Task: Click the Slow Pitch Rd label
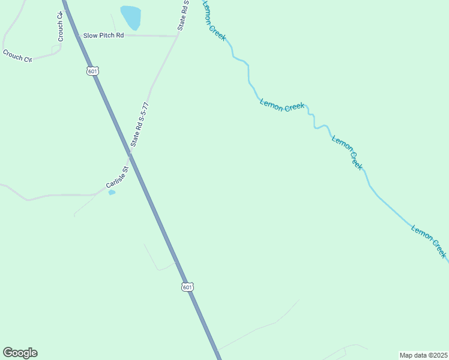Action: coord(103,36)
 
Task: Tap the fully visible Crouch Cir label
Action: coord(17,55)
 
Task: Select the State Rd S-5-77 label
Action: coord(139,125)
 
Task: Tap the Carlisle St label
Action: coord(118,179)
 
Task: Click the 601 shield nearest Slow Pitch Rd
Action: coord(92,71)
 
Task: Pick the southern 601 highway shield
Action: coord(188,287)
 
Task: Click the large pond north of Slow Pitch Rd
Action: coord(131,17)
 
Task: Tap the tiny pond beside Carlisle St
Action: coord(112,193)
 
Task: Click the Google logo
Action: coord(20,353)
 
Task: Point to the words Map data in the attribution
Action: coord(413,355)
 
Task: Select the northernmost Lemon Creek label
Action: coord(214,20)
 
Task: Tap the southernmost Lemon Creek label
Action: coord(429,241)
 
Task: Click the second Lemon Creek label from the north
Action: coord(282,107)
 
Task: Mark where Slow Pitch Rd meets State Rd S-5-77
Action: coord(177,36)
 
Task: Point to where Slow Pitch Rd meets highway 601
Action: coord(77,35)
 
